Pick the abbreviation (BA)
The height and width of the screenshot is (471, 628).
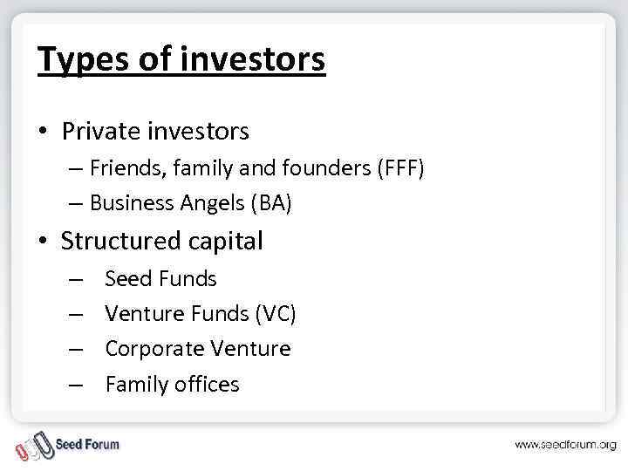270,203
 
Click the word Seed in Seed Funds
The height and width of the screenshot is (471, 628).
128,279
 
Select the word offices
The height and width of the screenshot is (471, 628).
207,384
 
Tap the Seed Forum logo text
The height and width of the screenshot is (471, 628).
87,444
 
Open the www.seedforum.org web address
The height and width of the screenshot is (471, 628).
564,445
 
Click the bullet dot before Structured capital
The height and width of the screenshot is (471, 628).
45,242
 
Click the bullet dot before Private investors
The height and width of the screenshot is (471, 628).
45,133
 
